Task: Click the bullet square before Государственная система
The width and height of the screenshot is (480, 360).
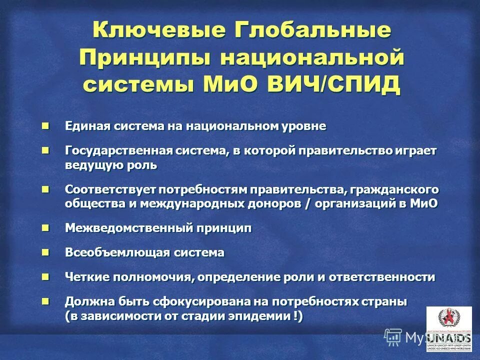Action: [x=46, y=150]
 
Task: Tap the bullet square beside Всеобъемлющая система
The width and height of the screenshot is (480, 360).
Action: [x=46, y=252]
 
